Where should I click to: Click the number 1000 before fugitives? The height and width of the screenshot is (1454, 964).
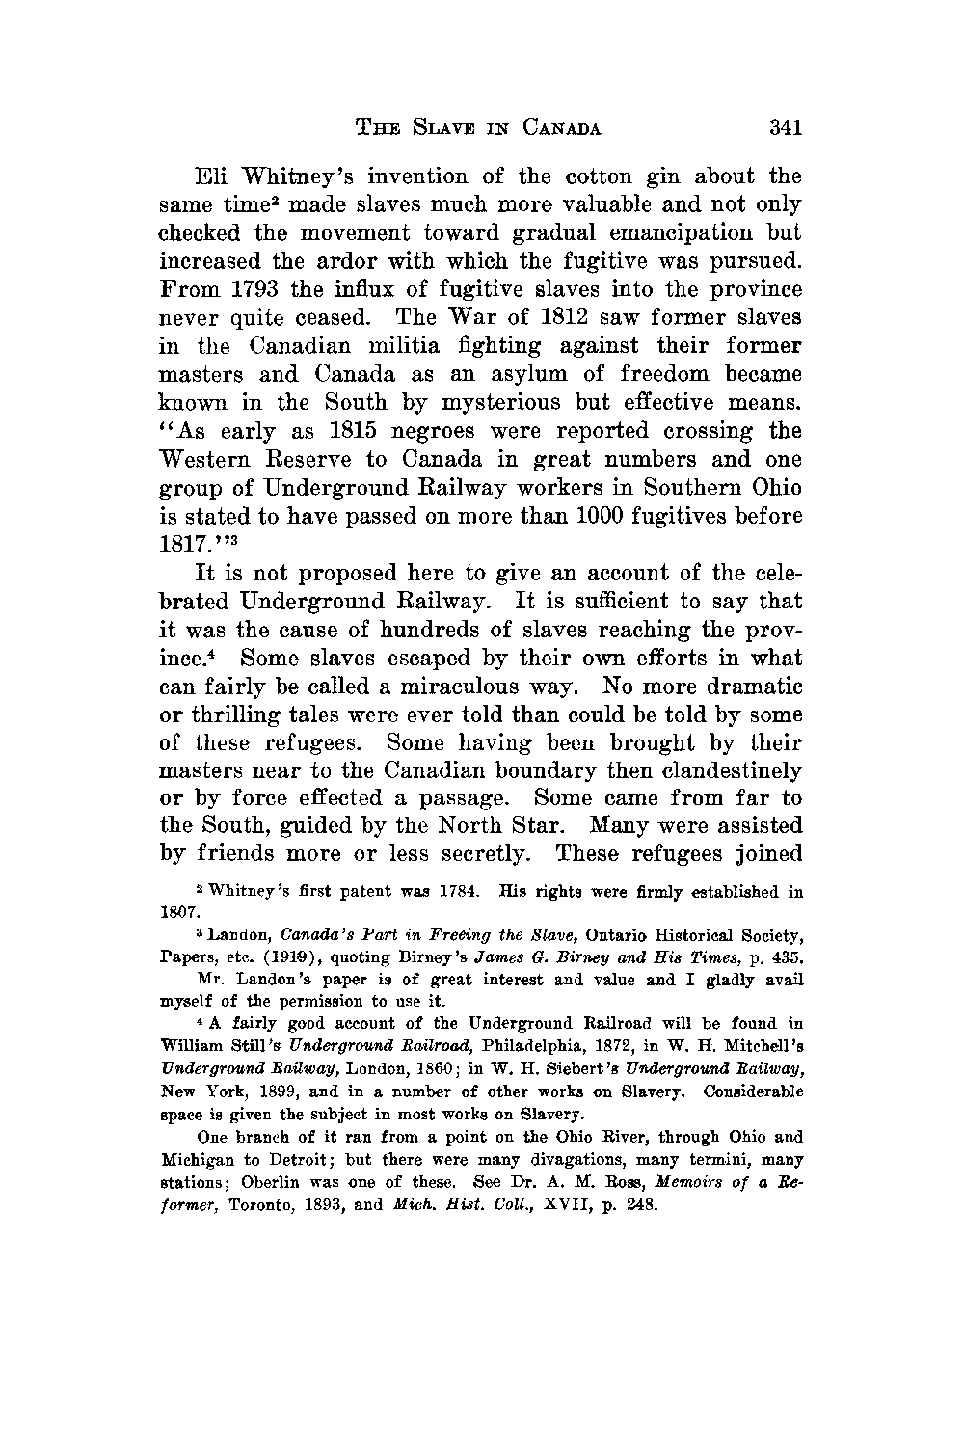[580, 515]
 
